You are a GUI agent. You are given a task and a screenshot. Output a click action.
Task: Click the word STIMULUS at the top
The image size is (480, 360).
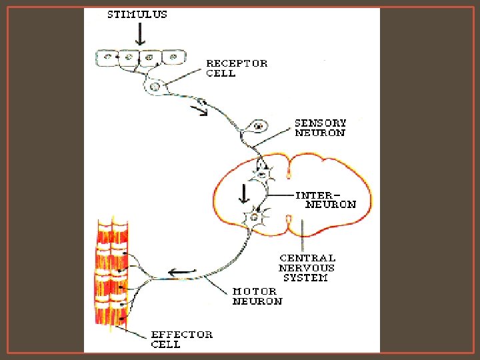pyautogui.click(x=137, y=14)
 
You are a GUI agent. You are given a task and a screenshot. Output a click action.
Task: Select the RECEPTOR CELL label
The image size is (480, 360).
pyautogui.click(x=237, y=68)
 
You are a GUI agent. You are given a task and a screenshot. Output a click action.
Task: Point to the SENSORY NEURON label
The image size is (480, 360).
pyautogui.click(x=321, y=127)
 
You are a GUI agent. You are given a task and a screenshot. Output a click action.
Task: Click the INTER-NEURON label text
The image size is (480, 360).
pyautogui.click(x=326, y=200)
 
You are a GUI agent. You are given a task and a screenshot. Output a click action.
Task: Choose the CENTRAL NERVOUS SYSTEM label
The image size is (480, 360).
pyautogui.click(x=307, y=267)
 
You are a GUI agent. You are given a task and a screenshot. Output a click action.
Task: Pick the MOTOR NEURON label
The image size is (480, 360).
pyautogui.click(x=257, y=296)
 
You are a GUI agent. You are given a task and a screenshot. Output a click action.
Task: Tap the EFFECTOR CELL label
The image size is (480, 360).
pyautogui.click(x=181, y=339)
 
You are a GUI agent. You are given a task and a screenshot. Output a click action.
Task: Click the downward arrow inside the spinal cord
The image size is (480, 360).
pyautogui.click(x=244, y=193)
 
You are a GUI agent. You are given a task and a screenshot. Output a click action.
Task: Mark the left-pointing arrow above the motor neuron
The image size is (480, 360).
pyautogui.click(x=181, y=271)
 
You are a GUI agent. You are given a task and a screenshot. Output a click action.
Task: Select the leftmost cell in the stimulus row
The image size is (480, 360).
pyautogui.click(x=107, y=58)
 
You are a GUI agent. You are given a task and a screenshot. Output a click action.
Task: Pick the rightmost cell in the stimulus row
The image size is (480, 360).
pyautogui.click(x=175, y=58)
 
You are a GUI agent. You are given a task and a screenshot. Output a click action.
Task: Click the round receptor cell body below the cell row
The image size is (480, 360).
pyautogui.click(x=155, y=86)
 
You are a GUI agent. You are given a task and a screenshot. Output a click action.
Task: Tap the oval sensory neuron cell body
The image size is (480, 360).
pyautogui.click(x=257, y=126)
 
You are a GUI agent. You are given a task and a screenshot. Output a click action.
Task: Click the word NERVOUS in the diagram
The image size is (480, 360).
pyautogui.click(x=307, y=267)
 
